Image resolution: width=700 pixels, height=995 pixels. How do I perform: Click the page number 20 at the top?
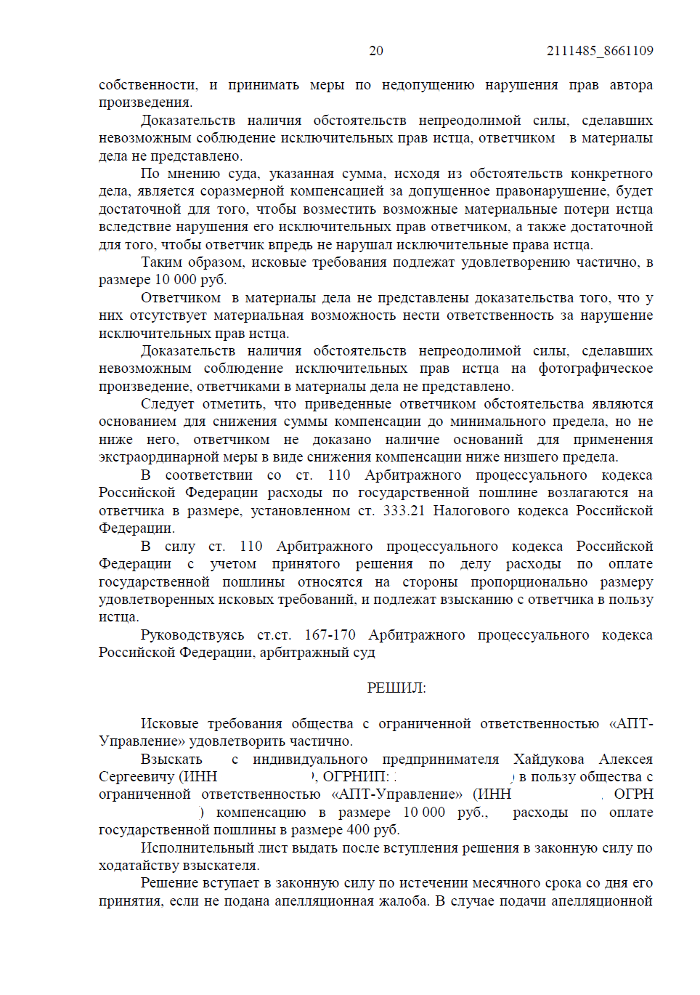coord(375,51)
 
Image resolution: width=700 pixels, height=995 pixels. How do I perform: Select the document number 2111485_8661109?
coord(600,51)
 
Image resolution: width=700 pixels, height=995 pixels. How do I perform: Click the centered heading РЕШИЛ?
coord(396,688)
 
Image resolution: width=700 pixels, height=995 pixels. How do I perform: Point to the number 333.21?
coord(404,510)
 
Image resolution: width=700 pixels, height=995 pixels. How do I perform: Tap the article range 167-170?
coord(330,635)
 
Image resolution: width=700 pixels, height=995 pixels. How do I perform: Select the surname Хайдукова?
coord(548,759)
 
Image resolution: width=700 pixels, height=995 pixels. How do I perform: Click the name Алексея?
coord(626,759)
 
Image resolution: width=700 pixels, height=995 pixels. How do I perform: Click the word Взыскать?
coord(171,759)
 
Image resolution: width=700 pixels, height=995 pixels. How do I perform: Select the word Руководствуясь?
coord(192,635)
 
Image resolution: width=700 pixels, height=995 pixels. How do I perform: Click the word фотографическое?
coord(595,368)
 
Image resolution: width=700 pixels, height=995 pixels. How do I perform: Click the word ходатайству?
coord(139,865)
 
